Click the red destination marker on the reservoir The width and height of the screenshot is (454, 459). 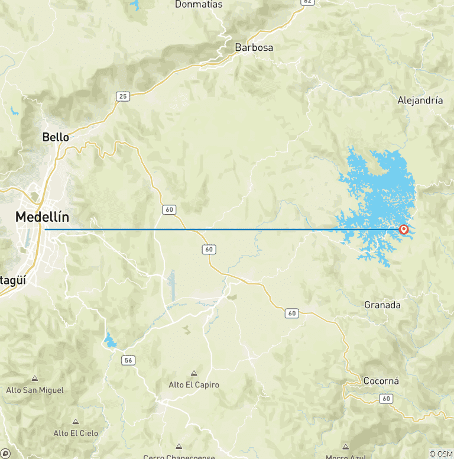point(404,229)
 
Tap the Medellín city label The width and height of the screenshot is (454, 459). point(42,217)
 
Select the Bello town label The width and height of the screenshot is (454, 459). point(56,137)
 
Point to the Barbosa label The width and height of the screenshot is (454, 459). point(254,47)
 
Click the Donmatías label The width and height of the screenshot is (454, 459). point(199,5)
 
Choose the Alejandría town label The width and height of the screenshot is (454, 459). point(420,100)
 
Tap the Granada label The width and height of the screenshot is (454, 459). point(382,305)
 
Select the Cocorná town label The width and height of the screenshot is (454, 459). point(381,381)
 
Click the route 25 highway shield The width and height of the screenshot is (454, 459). point(123,96)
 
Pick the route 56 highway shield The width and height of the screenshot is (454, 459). point(128,360)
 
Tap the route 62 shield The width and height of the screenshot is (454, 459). point(307,2)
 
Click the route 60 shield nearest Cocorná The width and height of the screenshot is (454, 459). point(387,399)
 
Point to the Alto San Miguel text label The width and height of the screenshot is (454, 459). point(35,390)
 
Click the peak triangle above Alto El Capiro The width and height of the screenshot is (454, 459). point(194,373)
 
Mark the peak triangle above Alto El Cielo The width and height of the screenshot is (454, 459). point(76,422)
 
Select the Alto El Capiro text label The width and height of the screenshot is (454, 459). point(194,384)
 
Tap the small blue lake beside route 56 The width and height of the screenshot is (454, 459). point(110,340)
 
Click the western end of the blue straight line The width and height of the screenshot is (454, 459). point(46,229)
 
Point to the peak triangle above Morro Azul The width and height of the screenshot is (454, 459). point(345,447)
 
